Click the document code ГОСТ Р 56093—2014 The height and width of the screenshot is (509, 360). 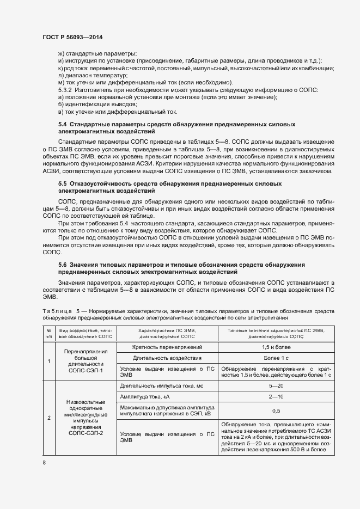(x=72, y=36)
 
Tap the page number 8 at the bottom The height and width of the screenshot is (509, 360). (x=44, y=462)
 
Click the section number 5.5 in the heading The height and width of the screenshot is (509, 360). (x=62, y=184)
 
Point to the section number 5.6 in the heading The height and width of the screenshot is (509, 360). (x=62, y=264)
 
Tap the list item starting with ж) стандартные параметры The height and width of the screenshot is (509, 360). (x=96, y=53)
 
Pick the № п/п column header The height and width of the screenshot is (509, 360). (x=48, y=334)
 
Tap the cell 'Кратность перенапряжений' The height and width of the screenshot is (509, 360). (x=168, y=347)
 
